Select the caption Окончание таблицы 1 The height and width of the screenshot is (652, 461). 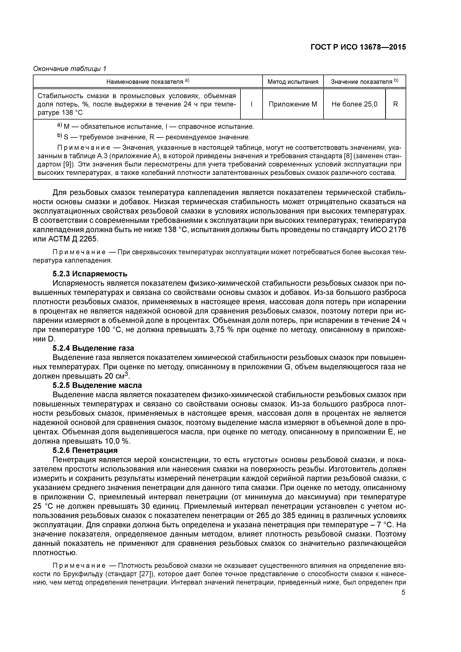(70, 69)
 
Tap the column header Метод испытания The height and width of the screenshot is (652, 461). (293, 82)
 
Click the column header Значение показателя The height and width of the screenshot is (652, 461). (364, 82)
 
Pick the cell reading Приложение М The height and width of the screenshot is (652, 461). (293, 104)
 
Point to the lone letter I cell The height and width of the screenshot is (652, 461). (251, 104)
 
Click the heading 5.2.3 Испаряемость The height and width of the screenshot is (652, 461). (90, 274)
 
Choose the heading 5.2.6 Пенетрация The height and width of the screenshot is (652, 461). (85, 450)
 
